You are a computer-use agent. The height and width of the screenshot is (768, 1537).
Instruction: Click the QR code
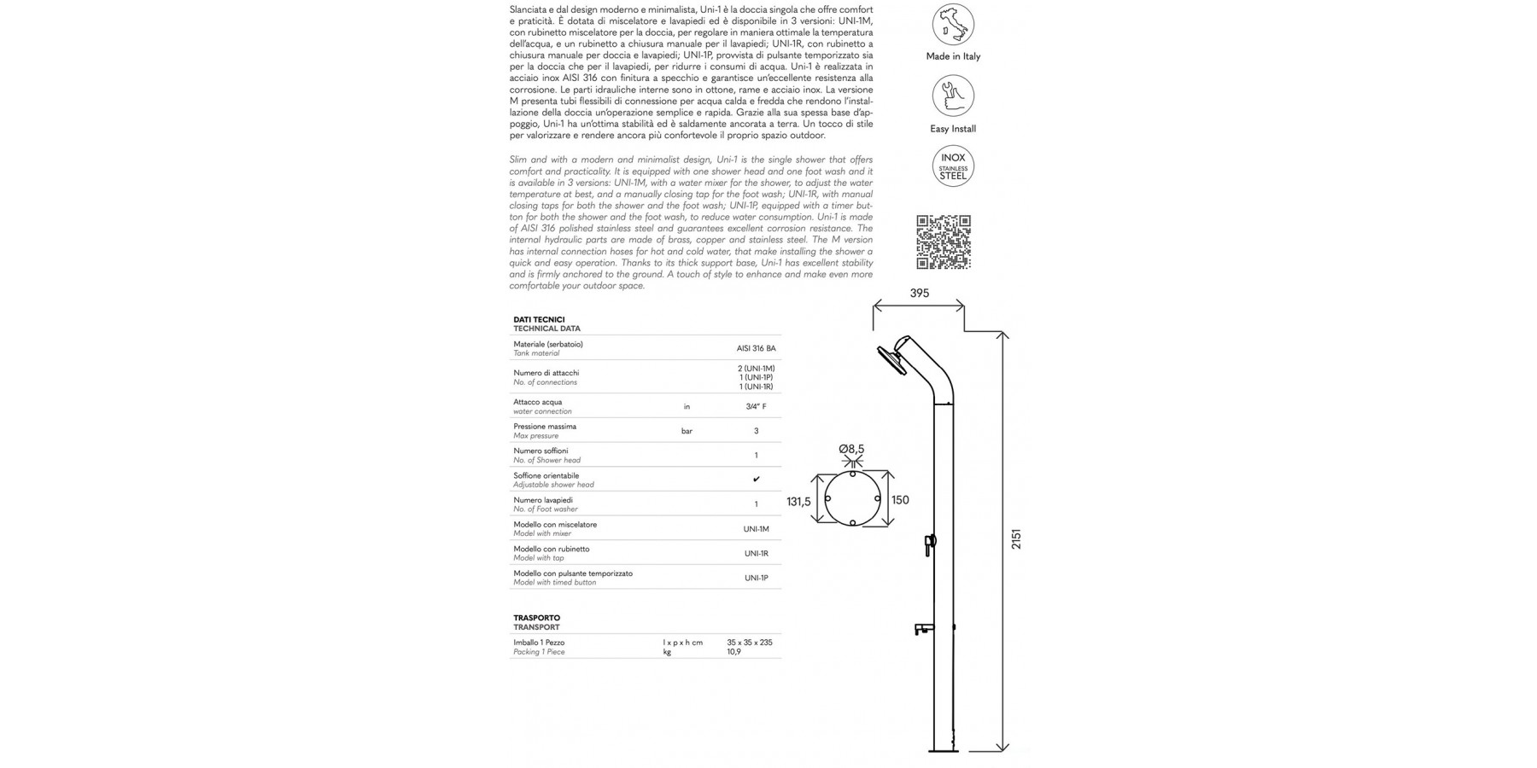click(x=944, y=242)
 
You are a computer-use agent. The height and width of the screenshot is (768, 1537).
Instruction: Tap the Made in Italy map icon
click(x=953, y=24)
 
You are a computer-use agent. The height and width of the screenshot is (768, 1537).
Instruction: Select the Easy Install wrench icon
click(x=953, y=96)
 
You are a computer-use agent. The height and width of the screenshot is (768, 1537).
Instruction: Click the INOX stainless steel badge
click(x=953, y=166)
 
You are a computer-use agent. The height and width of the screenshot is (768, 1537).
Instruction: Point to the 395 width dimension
click(x=919, y=294)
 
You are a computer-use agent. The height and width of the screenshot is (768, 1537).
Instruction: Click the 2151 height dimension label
click(x=1016, y=539)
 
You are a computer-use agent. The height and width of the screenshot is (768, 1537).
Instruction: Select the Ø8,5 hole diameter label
click(x=851, y=449)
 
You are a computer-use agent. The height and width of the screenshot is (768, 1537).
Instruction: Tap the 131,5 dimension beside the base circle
click(x=798, y=502)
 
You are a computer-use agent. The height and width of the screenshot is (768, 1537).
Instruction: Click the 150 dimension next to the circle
click(x=900, y=500)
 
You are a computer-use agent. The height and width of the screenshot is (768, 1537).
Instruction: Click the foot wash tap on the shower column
click(x=924, y=629)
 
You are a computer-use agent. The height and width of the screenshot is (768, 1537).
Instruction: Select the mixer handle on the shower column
click(x=930, y=543)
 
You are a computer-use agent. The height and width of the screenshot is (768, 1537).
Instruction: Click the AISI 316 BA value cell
click(x=756, y=348)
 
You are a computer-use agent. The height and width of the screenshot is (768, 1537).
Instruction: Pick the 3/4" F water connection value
click(x=756, y=407)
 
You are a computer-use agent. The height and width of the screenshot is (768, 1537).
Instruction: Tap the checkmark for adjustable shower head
click(x=756, y=480)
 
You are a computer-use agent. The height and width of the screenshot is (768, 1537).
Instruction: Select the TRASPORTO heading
click(x=536, y=618)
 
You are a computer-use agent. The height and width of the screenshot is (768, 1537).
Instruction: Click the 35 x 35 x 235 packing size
click(x=749, y=643)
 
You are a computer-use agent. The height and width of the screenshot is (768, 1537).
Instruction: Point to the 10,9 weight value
click(x=733, y=652)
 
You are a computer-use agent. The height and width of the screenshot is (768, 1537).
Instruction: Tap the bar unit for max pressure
click(x=687, y=432)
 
